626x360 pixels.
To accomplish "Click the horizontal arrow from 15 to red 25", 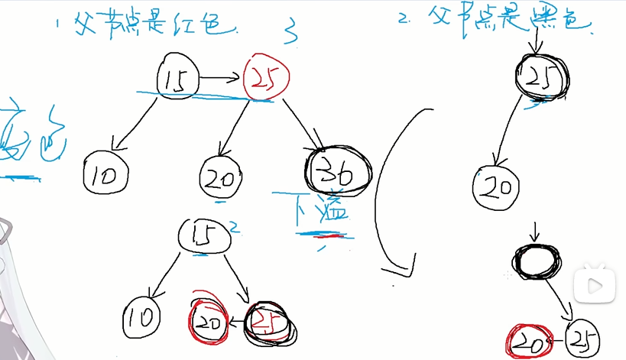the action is [x=221, y=77].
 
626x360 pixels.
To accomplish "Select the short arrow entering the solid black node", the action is [x=535, y=232].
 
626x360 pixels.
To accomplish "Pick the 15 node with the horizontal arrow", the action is [x=179, y=77].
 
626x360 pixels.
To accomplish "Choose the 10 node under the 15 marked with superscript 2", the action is [x=145, y=315].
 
